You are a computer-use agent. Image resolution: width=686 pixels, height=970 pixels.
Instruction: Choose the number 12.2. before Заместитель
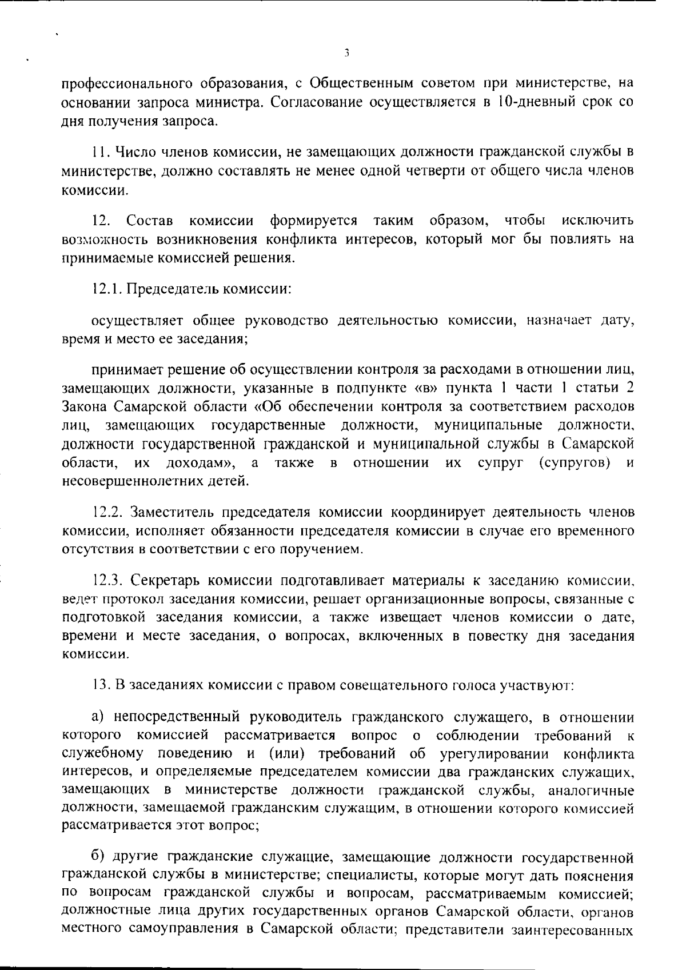coord(107,512)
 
